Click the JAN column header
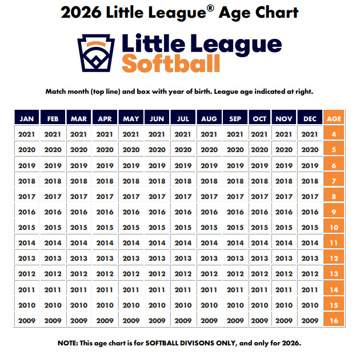[27, 119]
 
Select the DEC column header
[310, 119]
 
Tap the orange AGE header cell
[334, 119]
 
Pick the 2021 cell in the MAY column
[131, 134]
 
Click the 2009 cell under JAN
[27, 320]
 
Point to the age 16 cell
[334, 320]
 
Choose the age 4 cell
[334, 134]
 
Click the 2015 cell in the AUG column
[209, 227]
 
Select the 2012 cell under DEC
[310, 274]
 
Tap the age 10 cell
[334, 227]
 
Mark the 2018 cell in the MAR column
[79, 181]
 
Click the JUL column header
[183, 119]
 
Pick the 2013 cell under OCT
[259, 258]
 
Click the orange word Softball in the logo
[171, 63]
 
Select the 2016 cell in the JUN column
[157, 212]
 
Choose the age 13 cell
[334, 274]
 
